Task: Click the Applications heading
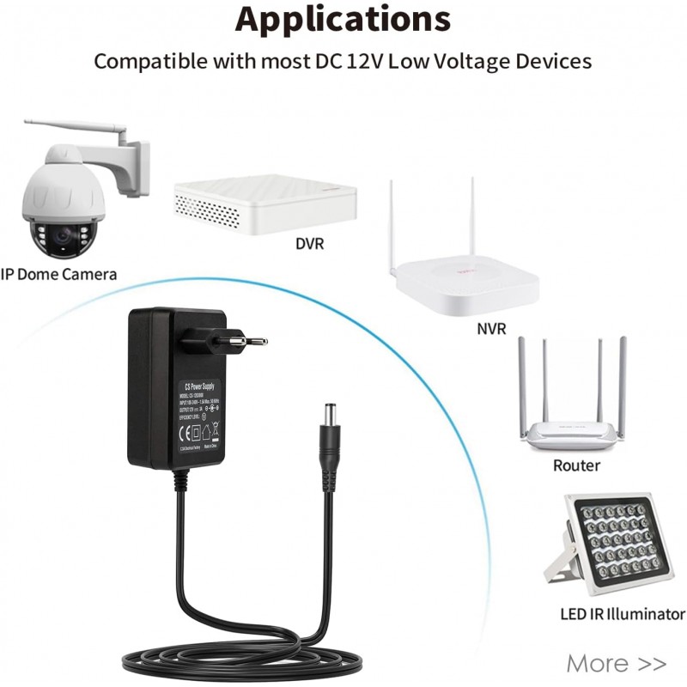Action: click(x=343, y=19)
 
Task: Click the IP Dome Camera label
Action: click(x=58, y=274)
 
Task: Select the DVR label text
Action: click(x=309, y=244)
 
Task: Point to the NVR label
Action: click(x=491, y=329)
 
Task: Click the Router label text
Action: click(x=576, y=465)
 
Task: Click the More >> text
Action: click(x=616, y=663)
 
